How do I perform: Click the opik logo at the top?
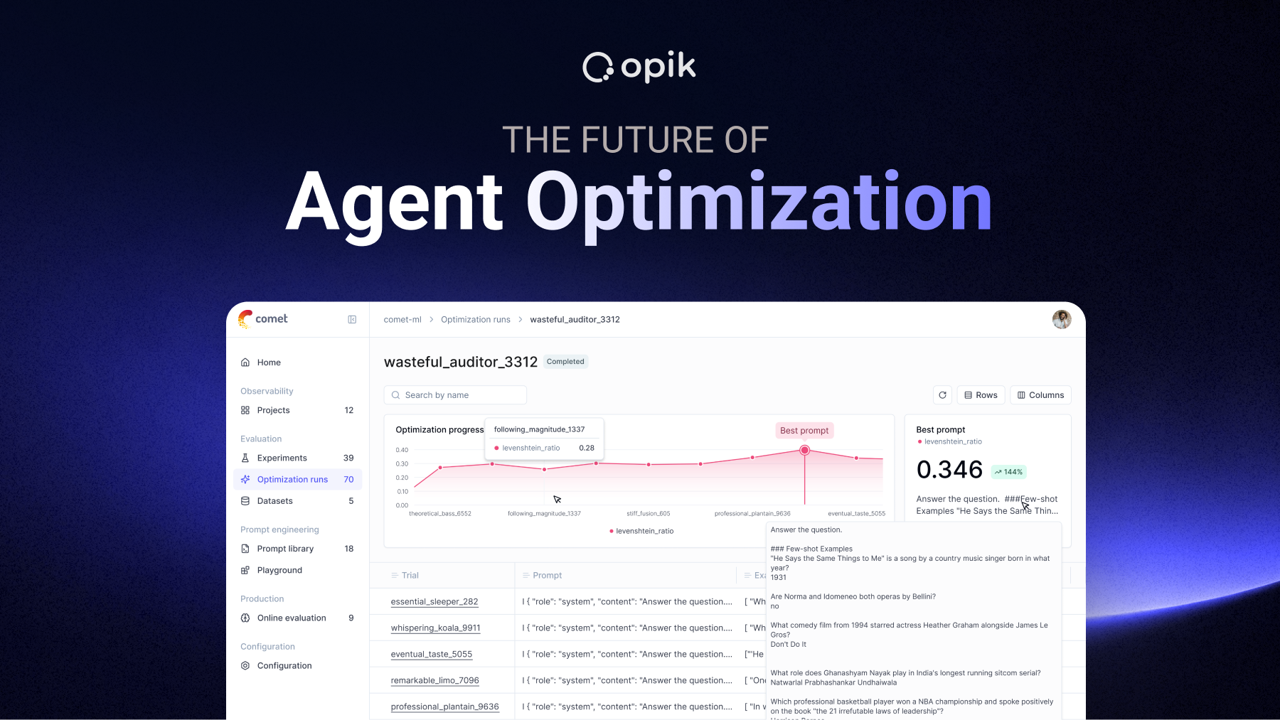pyautogui.click(x=639, y=68)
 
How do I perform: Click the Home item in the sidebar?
pyautogui.click(x=269, y=362)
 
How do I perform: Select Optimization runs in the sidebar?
pyautogui.click(x=292, y=480)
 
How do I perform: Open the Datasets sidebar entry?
pyautogui.click(x=274, y=501)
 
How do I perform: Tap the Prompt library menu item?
pyautogui.click(x=285, y=549)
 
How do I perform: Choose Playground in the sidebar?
pyautogui.click(x=279, y=570)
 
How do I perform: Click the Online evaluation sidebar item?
pyautogui.click(x=292, y=618)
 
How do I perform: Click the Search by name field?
pyautogui.click(x=455, y=395)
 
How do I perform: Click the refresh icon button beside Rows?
pyautogui.click(x=942, y=395)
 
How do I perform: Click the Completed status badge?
pyautogui.click(x=565, y=362)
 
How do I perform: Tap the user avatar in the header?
pyautogui.click(x=1061, y=320)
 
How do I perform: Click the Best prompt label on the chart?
pyautogui.click(x=804, y=431)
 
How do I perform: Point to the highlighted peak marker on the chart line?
pyautogui.click(x=804, y=450)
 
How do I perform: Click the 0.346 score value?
pyautogui.click(x=949, y=470)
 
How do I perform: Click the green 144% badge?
pyautogui.click(x=1008, y=472)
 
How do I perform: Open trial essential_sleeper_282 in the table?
pyautogui.click(x=434, y=602)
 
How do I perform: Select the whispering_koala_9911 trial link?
pyautogui.click(x=435, y=628)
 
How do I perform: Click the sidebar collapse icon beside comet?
pyautogui.click(x=352, y=320)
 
